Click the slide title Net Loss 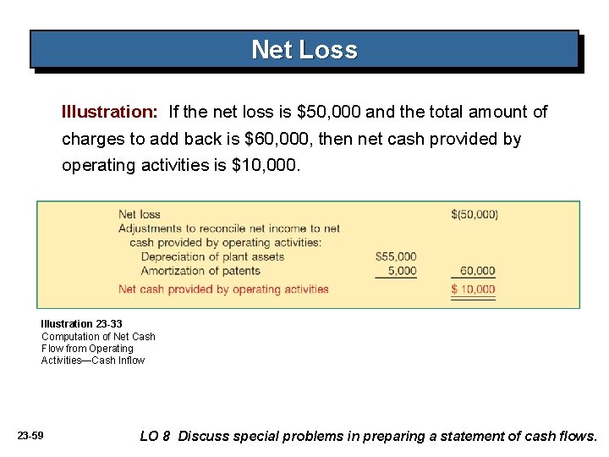[304, 50]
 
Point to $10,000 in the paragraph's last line [265, 166]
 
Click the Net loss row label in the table [140, 214]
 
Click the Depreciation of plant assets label [212, 256]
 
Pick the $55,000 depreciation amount [396, 256]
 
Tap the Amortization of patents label [200, 271]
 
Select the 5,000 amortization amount [402, 271]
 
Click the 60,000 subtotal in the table [477, 271]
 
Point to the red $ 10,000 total [474, 289]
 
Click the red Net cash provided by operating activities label [223, 289]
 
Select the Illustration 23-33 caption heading [81, 324]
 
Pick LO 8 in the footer [156, 437]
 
